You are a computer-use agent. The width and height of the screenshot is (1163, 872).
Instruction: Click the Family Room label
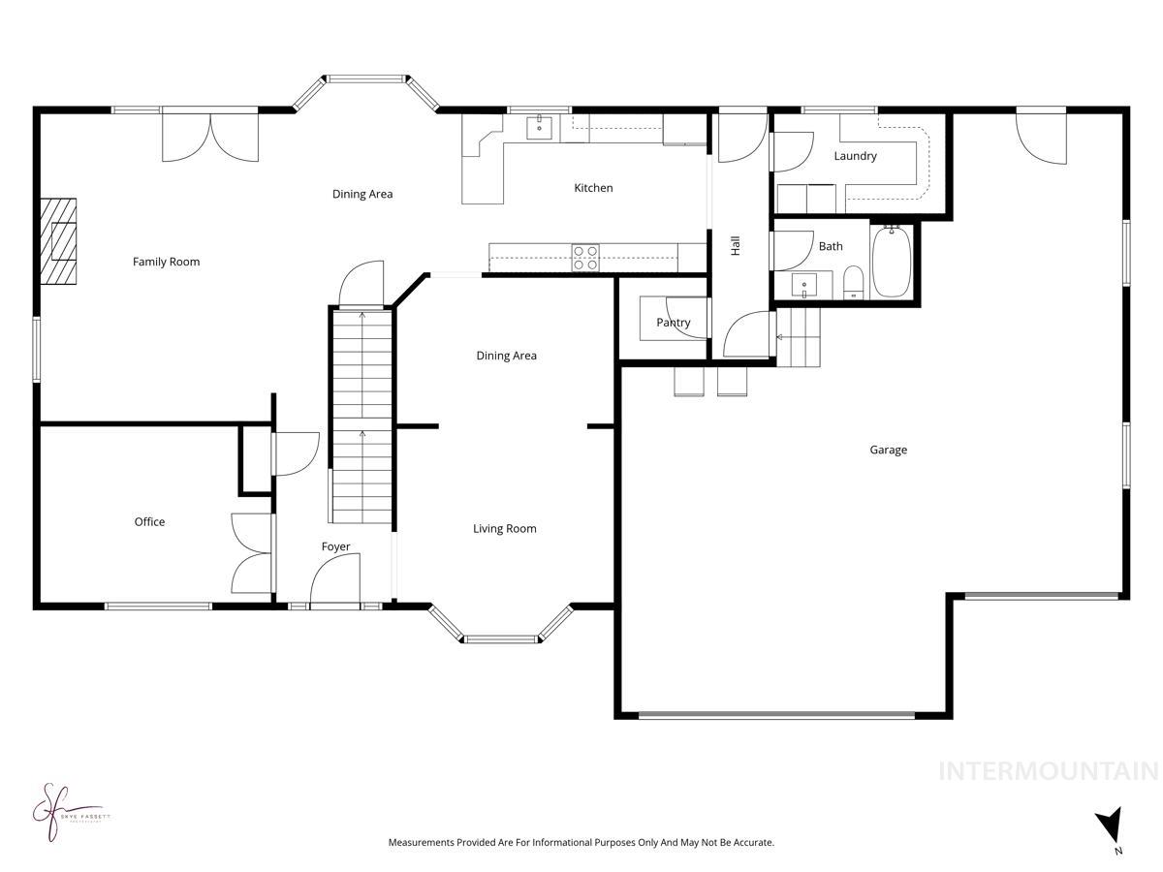[166, 262]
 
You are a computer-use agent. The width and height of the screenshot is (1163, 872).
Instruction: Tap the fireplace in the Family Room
[58, 241]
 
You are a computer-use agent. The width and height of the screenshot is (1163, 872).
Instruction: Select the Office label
[149, 522]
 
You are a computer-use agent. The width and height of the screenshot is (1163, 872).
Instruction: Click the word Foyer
[335, 547]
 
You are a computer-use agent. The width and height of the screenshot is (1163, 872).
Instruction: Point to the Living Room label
[504, 529]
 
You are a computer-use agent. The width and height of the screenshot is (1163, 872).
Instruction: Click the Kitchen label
[593, 188]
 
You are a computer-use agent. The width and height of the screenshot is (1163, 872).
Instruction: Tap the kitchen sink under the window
[540, 127]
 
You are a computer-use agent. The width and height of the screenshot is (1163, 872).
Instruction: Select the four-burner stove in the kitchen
[585, 258]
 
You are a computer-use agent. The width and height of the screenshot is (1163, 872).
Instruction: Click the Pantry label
[673, 323]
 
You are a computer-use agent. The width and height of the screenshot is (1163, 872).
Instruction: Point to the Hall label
[736, 246]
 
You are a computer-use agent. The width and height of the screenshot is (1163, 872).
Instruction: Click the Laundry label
[855, 156]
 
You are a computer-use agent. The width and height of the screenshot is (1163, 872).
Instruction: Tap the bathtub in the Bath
[891, 262]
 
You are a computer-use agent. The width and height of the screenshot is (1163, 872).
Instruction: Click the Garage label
[888, 450]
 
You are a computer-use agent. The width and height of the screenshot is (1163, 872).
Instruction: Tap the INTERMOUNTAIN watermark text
[1049, 771]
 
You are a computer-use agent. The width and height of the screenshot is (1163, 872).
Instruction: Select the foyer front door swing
[334, 579]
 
